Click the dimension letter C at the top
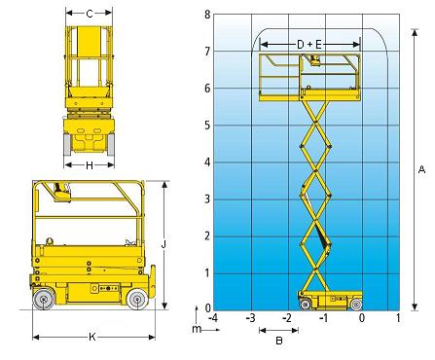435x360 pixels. click(90, 14)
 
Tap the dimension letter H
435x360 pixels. click(90, 165)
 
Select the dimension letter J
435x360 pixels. click(163, 245)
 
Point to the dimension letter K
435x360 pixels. click(92, 337)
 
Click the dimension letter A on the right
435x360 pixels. click(421, 169)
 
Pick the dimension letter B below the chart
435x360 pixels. click(279, 341)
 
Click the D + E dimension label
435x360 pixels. click(309, 45)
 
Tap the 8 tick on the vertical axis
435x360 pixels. click(207, 15)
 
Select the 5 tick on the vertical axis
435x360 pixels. click(207, 126)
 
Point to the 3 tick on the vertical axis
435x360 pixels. click(207, 199)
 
